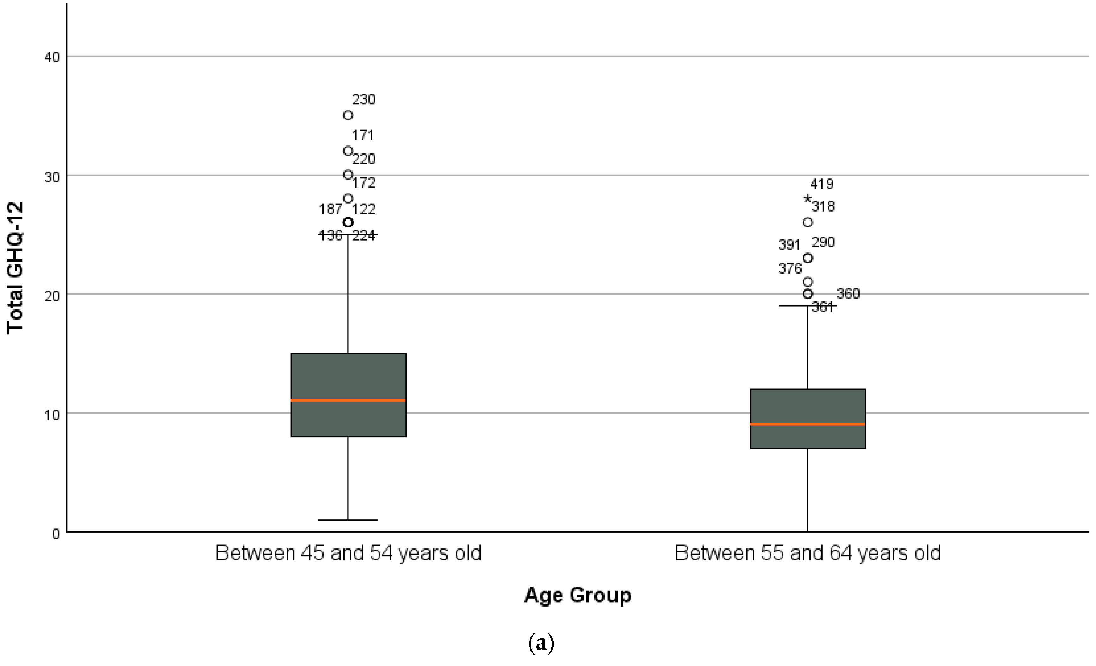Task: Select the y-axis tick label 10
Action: pyautogui.click(x=52, y=415)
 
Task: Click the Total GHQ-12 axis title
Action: pyautogui.click(x=15, y=268)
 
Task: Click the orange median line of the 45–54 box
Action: pyautogui.click(x=348, y=401)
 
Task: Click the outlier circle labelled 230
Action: pyautogui.click(x=348, y=115)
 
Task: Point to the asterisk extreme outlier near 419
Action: pyautogui.click(x=807, y=199)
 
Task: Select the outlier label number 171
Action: pyautogui.click(x=363, y=135)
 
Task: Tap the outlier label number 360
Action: pyautogui.click(x=848, y=294)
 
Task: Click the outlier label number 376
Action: pyautogui.click(x=790, y=268)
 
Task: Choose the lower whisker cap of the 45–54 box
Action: pyautogui.click(x=348, y=520)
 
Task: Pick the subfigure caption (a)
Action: pyautogui.click(x=541, y=643)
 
